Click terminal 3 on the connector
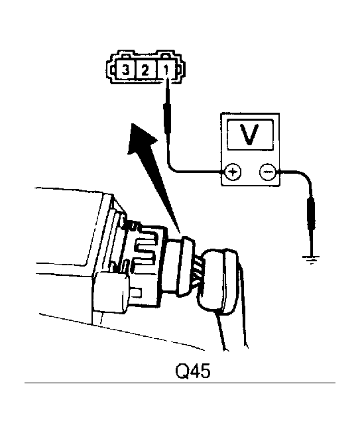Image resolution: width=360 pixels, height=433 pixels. pos(125,70)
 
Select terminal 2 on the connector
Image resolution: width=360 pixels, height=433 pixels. pos(145,70)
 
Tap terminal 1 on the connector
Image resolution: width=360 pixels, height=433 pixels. pos(166,70)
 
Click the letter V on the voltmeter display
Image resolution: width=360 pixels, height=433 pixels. pos(250,135)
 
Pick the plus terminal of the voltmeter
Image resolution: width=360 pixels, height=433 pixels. pos(233,172)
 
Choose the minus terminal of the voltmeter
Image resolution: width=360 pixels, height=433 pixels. pos(267,172)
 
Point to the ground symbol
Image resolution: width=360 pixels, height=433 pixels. pos(311,259)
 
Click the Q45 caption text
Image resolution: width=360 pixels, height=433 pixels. pos(193,371)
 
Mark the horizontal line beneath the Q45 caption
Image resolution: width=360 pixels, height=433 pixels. pos(180,383)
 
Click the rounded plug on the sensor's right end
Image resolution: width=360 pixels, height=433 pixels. pos(219,281)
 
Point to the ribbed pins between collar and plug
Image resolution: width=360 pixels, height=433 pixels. pos(196,272)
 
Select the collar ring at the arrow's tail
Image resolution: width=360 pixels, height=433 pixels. pos(185,266)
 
